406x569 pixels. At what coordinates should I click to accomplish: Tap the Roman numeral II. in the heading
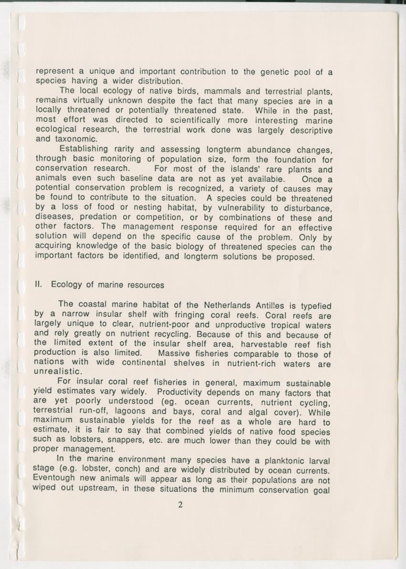(40, 285)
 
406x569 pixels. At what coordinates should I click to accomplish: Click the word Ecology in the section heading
(66, 285)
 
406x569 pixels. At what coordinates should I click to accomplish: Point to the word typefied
(313, 305)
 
